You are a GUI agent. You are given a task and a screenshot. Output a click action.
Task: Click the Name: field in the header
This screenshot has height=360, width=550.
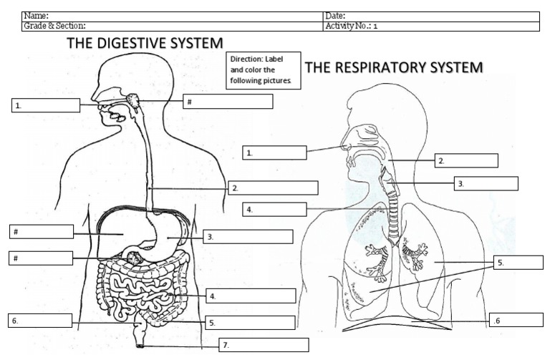point(172,16)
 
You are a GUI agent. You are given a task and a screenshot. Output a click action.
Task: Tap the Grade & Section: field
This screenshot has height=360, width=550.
point(172,26)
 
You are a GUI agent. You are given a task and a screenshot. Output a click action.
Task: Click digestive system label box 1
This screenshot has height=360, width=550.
point(46,106)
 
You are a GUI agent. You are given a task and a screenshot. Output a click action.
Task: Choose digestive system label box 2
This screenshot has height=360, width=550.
point(273,188)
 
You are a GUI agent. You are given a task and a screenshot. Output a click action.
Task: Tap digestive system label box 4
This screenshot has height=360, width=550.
point(251,296)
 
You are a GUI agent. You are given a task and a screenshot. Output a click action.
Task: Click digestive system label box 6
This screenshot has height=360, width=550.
point(40,321)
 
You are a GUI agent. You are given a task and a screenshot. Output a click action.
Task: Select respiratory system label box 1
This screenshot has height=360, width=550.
point(274,152)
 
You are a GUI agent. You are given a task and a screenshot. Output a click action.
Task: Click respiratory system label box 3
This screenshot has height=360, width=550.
point(486,183)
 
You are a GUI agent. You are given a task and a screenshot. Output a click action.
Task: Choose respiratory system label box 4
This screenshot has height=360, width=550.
point(274,209)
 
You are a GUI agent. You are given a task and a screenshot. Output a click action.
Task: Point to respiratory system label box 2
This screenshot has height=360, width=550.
point(466,160)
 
